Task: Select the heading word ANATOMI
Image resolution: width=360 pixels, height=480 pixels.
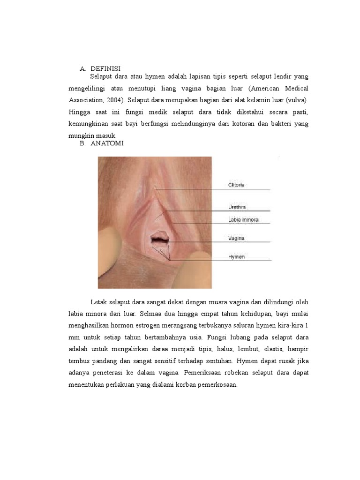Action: point(107,144)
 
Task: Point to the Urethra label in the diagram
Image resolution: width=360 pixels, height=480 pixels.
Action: point(237,207)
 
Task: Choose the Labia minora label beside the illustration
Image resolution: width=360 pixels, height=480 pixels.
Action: point(243,219)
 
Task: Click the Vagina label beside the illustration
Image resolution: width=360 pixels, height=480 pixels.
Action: point(236,238)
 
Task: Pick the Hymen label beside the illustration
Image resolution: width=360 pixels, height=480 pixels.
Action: point(236,257)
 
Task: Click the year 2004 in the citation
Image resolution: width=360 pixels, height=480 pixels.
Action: point(116,100)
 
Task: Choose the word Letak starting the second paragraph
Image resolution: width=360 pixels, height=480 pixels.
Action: point(99,301)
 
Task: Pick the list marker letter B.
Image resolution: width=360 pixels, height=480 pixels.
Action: point(82,144)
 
